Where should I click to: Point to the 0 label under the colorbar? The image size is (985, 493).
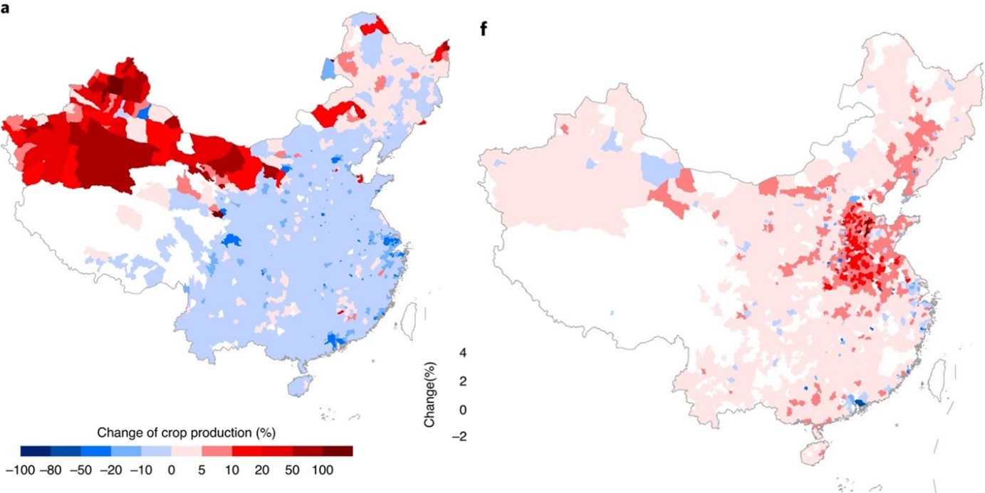[x=171, y=470]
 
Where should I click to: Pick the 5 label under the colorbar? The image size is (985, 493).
[x=202, y=470]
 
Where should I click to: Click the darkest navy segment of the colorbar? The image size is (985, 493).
[x=34, y=450]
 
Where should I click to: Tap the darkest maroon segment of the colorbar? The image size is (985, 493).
[x=338, y=450]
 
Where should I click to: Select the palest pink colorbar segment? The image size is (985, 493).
[x=187, y=450]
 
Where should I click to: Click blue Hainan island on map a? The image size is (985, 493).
[x=298, y=386]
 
